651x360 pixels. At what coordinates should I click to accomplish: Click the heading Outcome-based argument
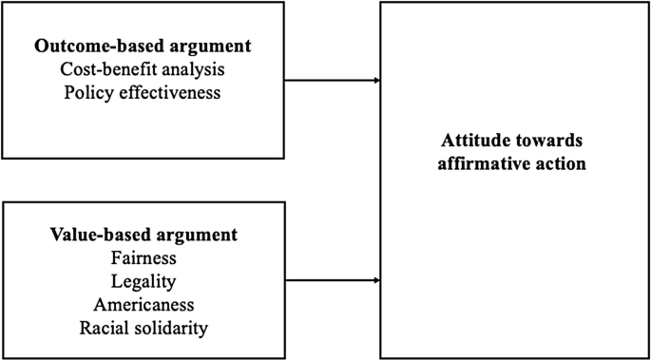pyautogui.click(x=143, y=47)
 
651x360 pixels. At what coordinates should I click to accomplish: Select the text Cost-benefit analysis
pyautogui.click(x=143, y=69)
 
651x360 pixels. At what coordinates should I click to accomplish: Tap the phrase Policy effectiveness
pyautogui.click(x=143, y=93)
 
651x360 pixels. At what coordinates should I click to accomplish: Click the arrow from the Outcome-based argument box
pyautogui.click(x=333, y=81)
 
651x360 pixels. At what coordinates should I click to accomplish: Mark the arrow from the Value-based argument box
pyautogui.click(x=333, y=280)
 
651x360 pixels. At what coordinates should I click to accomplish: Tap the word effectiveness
pyautogui.click(x=168, y=93)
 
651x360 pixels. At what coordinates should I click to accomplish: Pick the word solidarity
pyautogui.click(x=171, y=329)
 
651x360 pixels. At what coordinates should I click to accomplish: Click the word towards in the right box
pyautogui.click(x=546, y=140)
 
